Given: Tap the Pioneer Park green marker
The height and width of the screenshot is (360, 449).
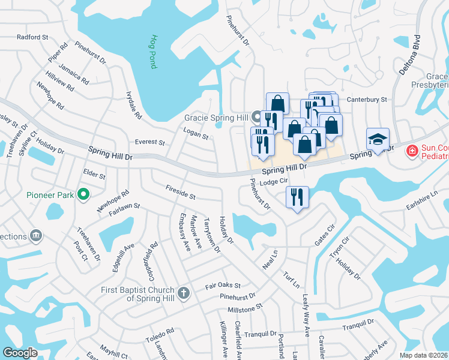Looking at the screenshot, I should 84,194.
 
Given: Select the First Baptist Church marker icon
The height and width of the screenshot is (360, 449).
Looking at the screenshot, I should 184,293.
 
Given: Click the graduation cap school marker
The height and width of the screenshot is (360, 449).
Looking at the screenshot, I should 378,139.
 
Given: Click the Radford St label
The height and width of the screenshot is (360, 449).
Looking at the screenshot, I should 32,37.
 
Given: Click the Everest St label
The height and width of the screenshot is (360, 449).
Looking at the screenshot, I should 150,142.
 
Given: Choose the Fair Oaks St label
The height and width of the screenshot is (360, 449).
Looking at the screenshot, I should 223,286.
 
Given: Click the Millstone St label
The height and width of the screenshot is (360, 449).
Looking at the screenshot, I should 246,308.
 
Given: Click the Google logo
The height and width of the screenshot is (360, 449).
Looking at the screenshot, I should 20,353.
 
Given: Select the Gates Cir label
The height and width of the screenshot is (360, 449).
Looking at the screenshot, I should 324,235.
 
